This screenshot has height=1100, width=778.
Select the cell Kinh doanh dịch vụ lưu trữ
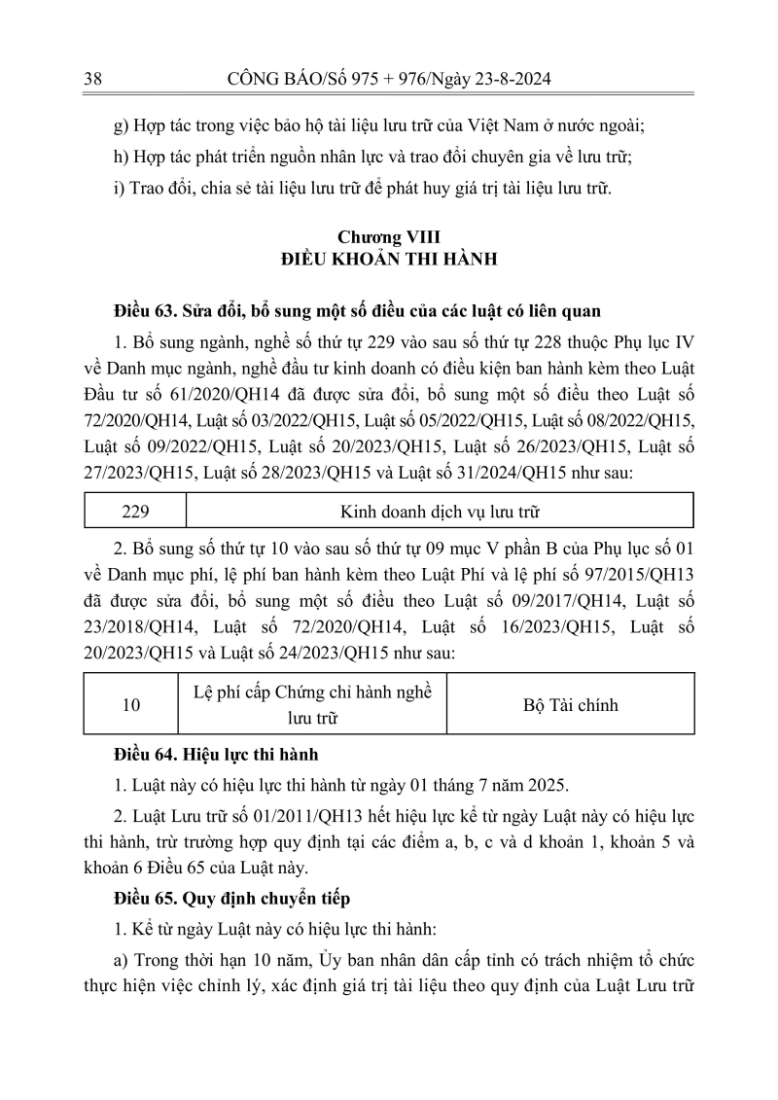(439, 509)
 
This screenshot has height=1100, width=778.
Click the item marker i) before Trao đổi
(119, 188)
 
